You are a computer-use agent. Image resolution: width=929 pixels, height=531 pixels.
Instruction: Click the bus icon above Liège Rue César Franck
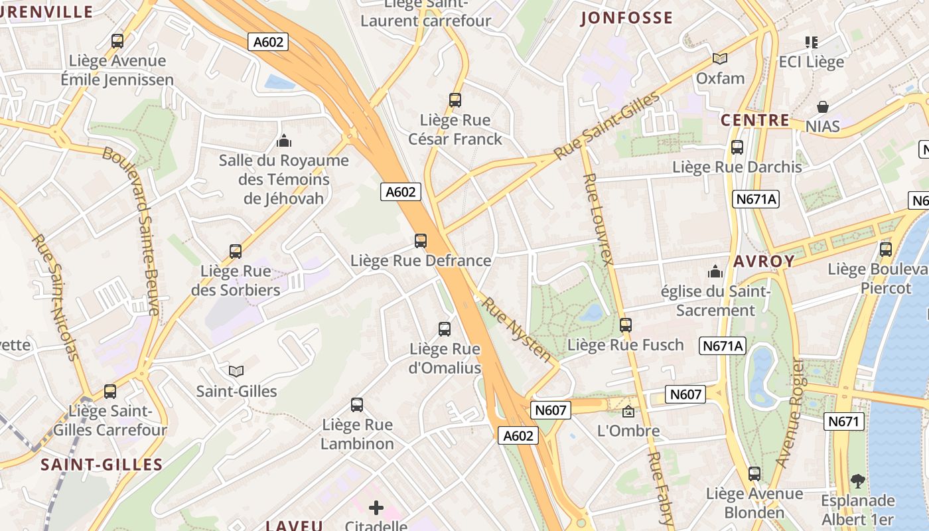tap(455, 100)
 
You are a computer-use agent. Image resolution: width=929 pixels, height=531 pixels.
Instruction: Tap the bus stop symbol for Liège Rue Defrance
tap(420, 240)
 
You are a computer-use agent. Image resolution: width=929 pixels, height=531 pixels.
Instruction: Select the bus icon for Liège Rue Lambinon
tap(357, 404)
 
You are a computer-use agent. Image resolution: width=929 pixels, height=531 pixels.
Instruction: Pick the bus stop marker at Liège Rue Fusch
tap(625, 325)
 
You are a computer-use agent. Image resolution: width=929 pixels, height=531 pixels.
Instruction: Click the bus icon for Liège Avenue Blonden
tap(754, 474)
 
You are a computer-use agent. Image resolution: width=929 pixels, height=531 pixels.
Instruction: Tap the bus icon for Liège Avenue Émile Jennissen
tap(117, 41)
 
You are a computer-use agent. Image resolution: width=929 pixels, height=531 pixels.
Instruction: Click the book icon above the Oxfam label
tap(720, 58)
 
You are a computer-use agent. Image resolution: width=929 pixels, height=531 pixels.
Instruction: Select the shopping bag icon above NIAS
tap(823, 107)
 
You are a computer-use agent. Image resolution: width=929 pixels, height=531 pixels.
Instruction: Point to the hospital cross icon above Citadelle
tap(376, 508)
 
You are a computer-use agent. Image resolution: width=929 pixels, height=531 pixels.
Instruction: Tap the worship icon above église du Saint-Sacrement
tap(715, 271)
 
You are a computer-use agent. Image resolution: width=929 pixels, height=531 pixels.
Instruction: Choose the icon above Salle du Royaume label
tap(284, 141)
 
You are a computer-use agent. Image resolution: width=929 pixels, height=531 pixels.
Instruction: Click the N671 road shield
tap(844, 421)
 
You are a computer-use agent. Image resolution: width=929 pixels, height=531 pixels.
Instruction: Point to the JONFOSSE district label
tap(626, 18)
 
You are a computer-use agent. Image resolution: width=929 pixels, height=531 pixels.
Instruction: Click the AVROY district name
tap(764, 262)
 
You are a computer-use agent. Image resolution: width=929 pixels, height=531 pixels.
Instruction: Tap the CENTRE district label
tap(755, 121)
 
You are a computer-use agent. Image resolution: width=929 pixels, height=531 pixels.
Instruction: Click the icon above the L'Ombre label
tap(628, 412)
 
